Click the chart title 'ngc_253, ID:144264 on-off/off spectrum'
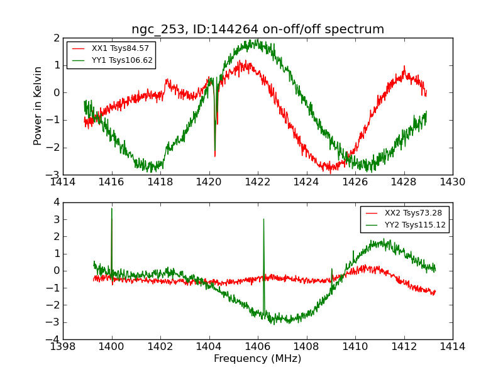[x=258, y=30]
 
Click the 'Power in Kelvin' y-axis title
[x=38, y=106]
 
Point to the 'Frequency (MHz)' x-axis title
[x=258, y=359]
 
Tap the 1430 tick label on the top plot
[x=452, y=182]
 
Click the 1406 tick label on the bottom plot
[x=258, y=346]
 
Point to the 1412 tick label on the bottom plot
[x=404, y=346]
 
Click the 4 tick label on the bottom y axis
[x=56, y=202]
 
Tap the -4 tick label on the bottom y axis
[x=54, y=339]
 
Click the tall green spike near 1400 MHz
[x=112, y=209]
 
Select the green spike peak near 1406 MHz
[x=263, y=219]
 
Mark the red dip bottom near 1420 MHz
[x=215, y=155]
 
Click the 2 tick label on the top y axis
[x=56, y=38]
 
